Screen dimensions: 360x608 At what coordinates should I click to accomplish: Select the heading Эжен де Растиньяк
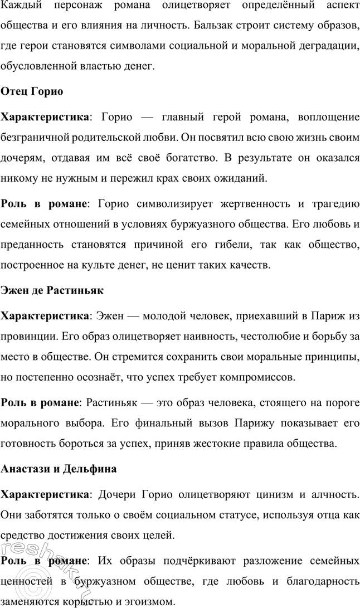pyautogui.click(x=52, y=290)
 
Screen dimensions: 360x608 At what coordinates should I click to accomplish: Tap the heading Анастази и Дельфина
pyautogui.click(x=59, y=469)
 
